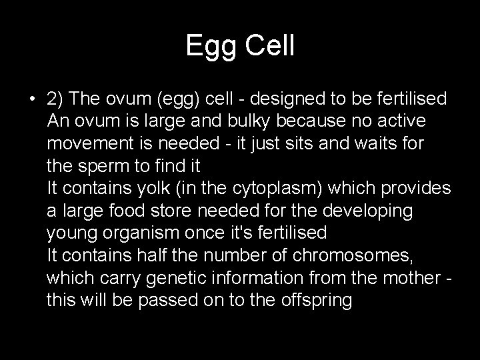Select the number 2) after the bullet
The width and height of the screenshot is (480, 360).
point(56,99)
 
